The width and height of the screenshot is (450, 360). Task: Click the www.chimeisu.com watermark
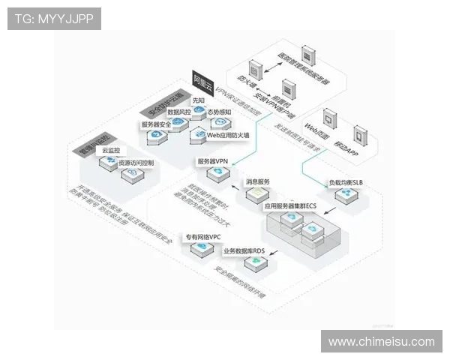coord(381,342)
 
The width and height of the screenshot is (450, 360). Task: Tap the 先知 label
coord(198,100)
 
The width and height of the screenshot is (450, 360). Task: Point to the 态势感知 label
coord(219,112)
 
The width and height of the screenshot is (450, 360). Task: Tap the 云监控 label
coord(110,151)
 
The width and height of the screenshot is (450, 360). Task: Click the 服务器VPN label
coord(212,161)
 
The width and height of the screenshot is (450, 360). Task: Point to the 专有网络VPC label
coord(202,237)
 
